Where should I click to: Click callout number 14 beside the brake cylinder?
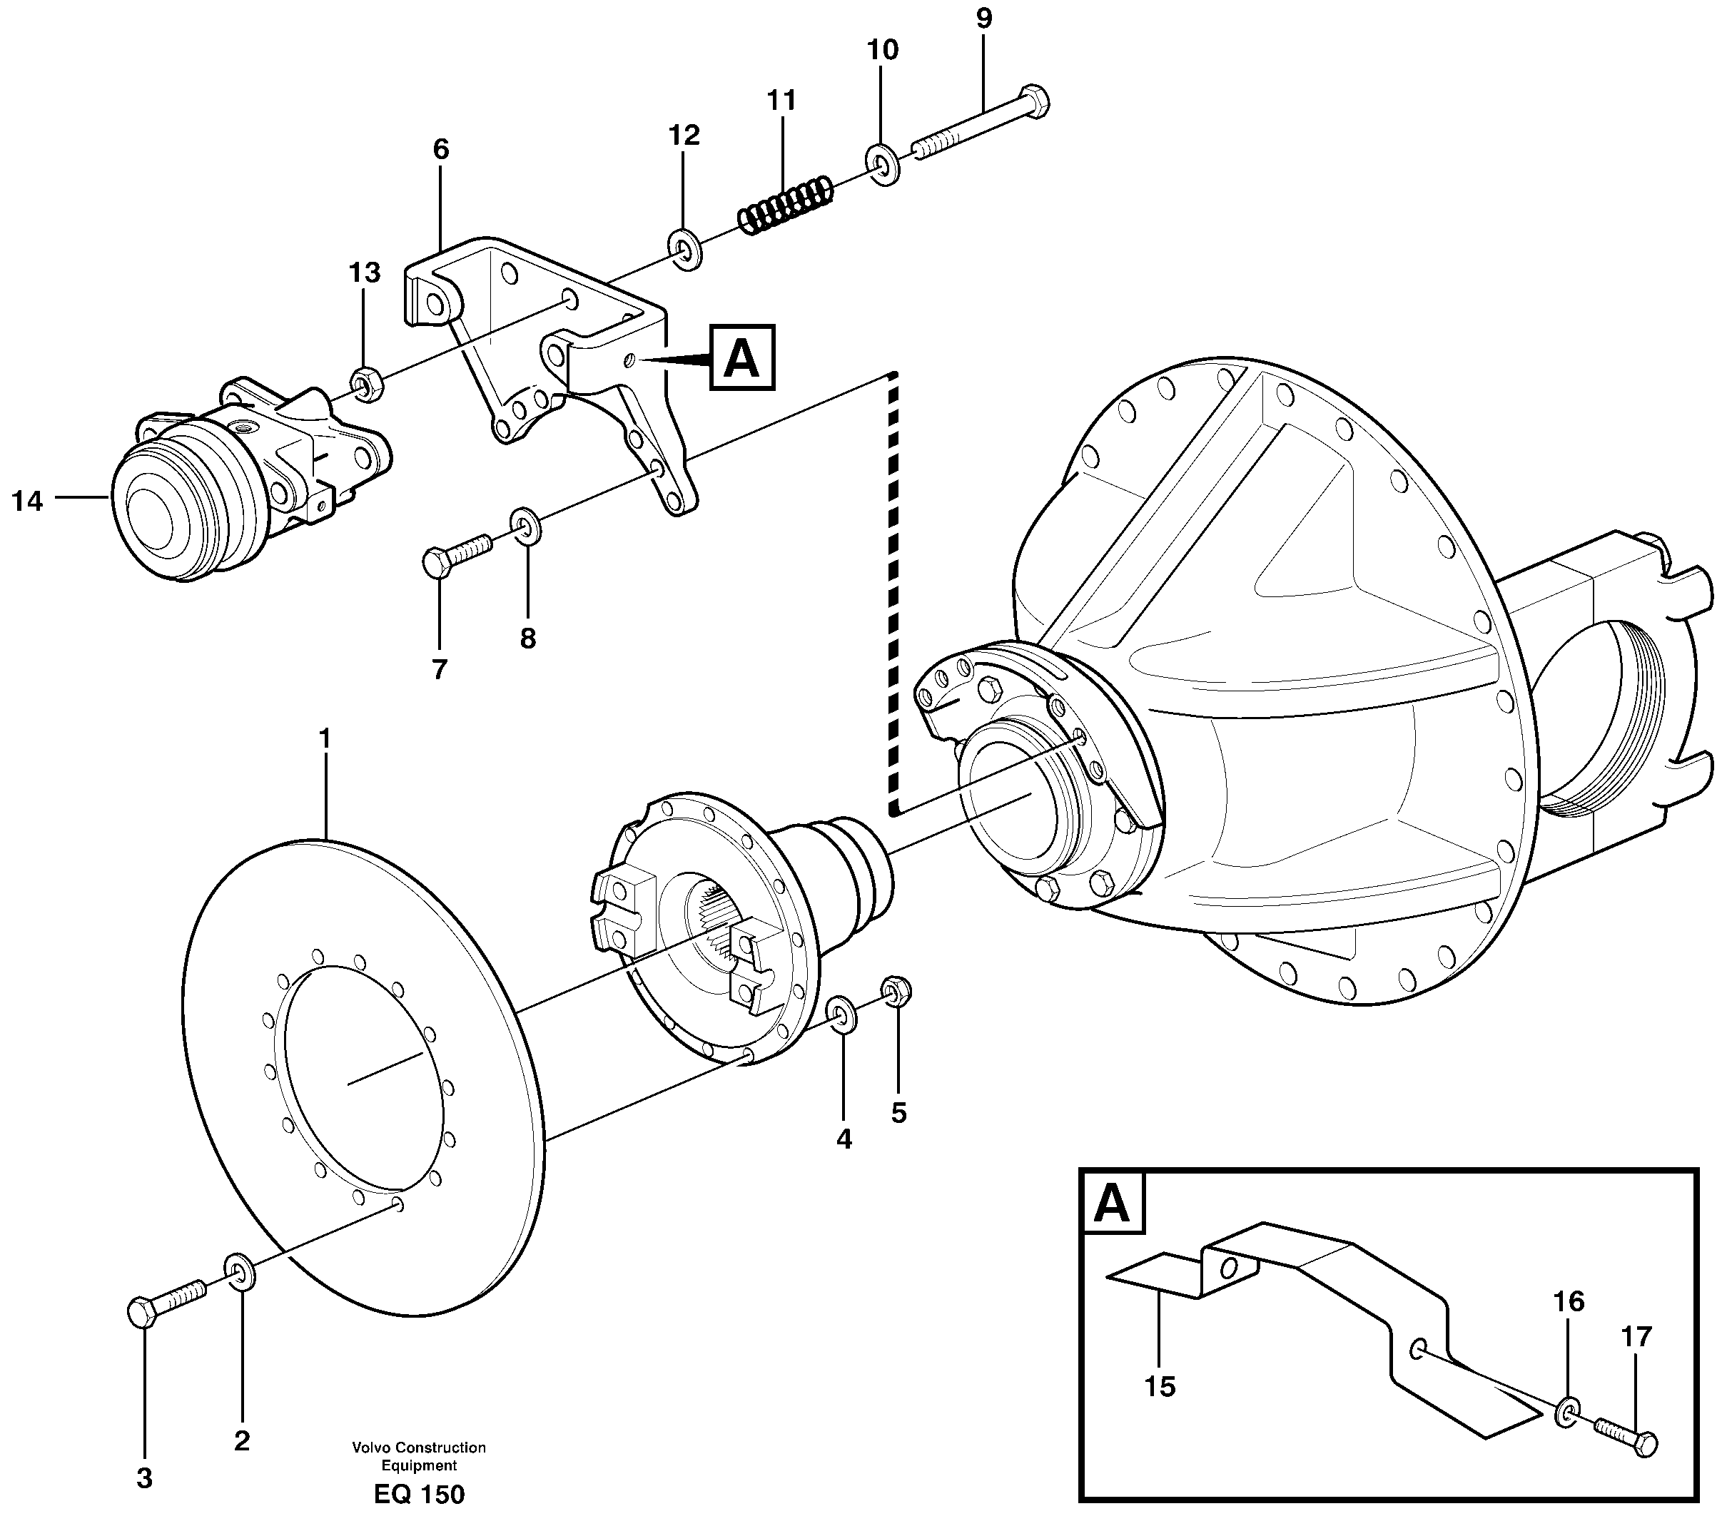click(27, 502)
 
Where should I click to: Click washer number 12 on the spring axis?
click(684, 250)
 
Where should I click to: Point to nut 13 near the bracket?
click(366, 384)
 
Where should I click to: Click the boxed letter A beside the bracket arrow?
click(742, 358)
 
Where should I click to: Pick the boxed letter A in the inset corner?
click(1112, 1204)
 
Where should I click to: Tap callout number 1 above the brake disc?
click(324, 738)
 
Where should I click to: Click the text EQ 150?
click(419, 1495)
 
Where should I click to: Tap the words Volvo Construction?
click(419, 1448)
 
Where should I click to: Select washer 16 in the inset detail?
click(1568, 1413)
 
